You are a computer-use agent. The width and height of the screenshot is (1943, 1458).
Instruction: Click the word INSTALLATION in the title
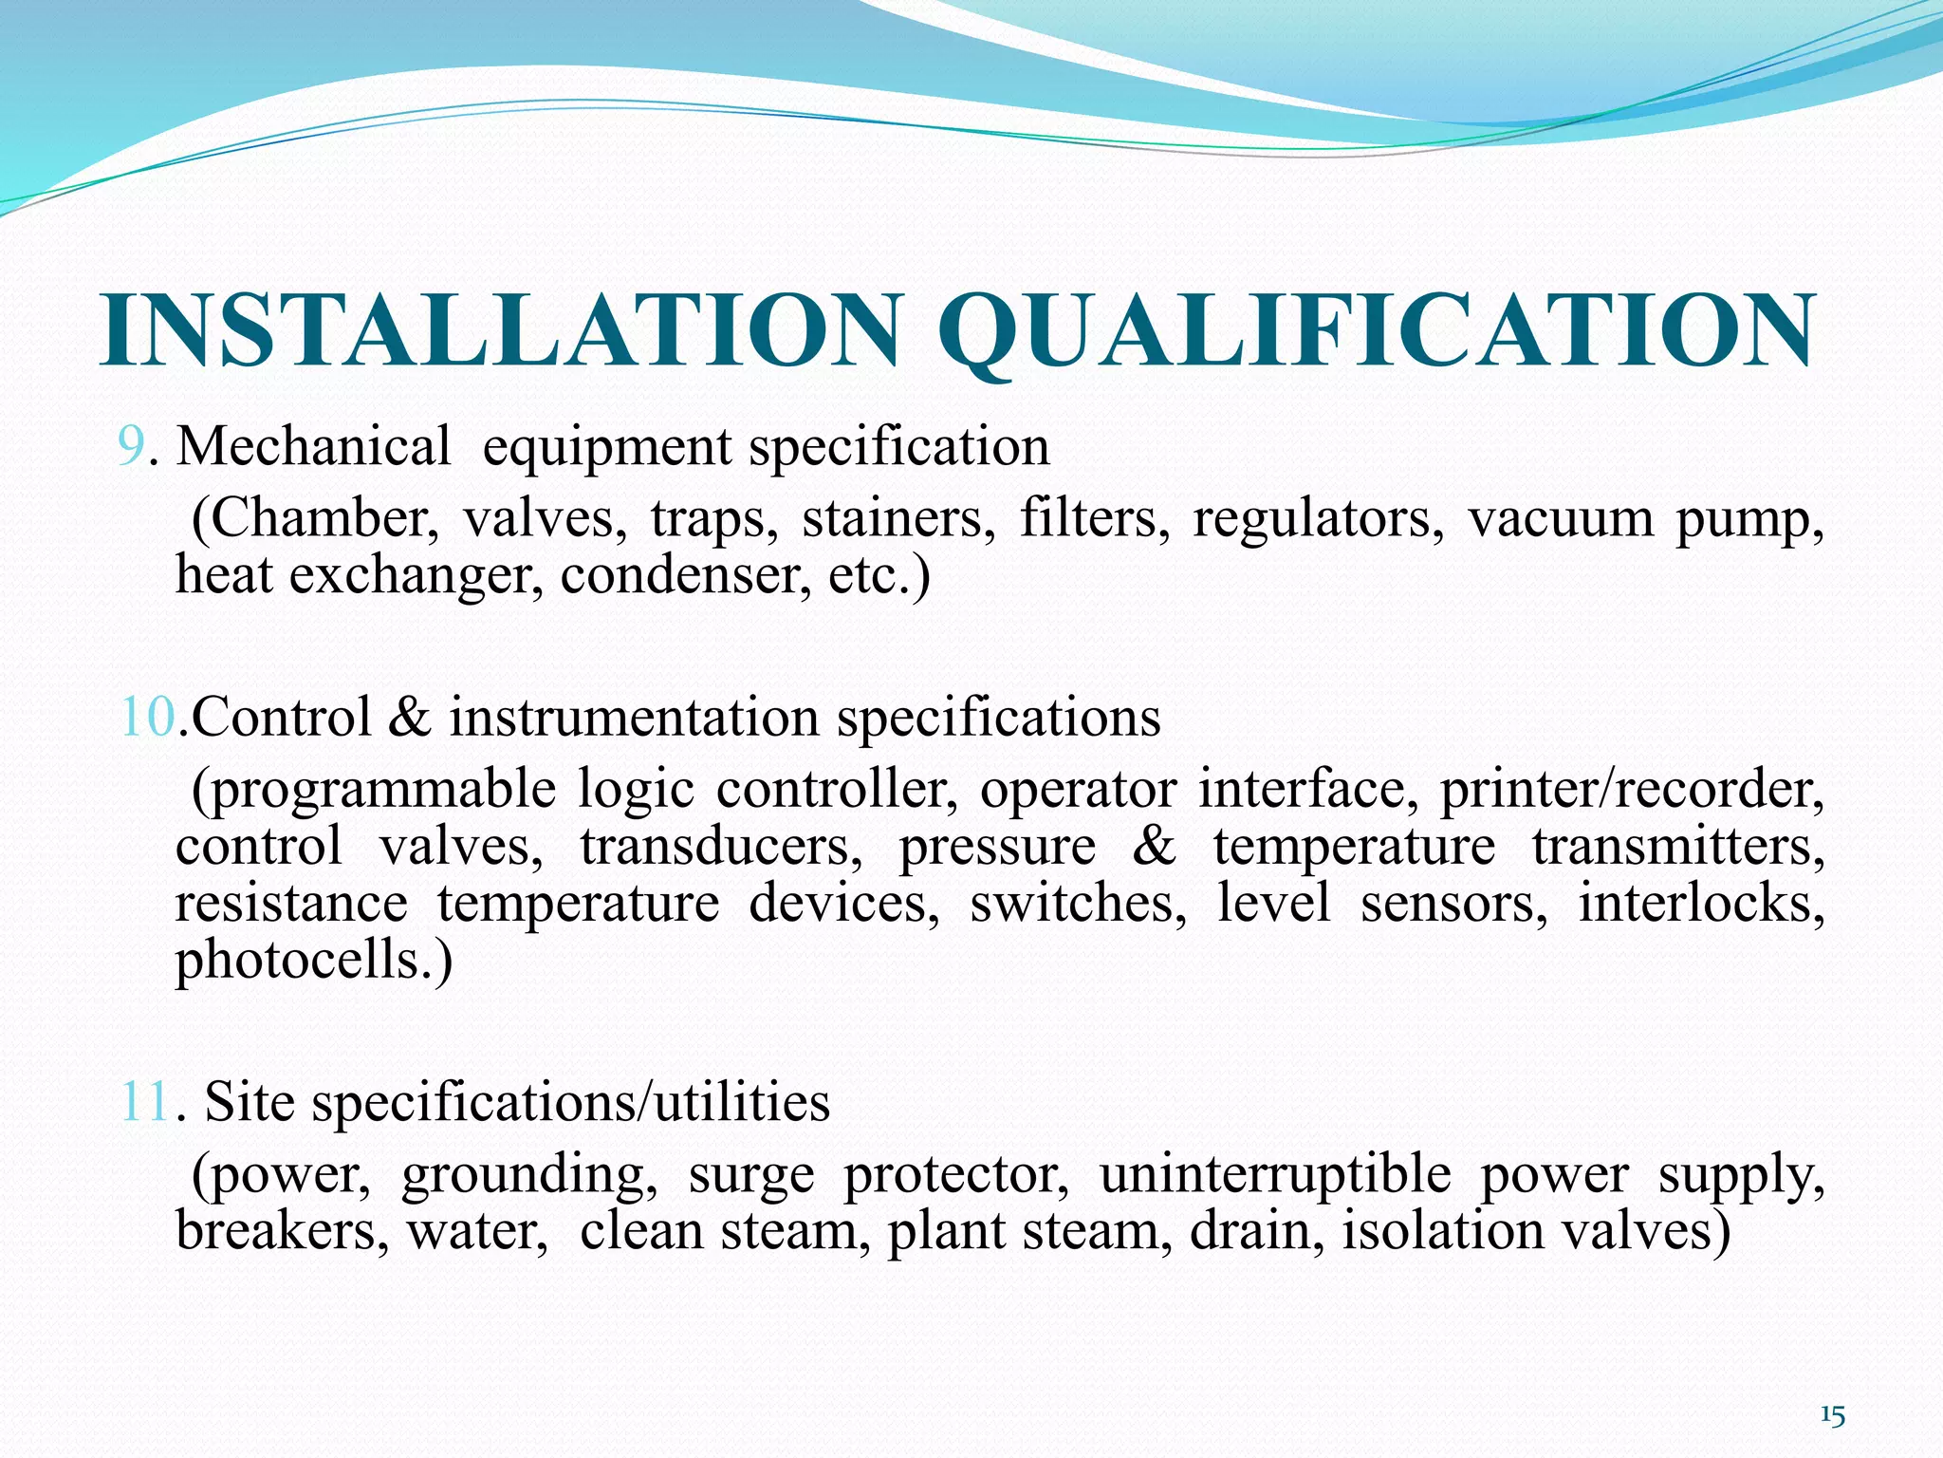pos(501,330)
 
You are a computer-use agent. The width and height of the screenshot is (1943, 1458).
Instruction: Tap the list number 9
pos(131,446)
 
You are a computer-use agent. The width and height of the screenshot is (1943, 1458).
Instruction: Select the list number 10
pos(147,717)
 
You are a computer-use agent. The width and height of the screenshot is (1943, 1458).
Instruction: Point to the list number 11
pos(144,1102)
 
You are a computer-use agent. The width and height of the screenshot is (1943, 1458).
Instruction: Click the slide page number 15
pos(1832,1416)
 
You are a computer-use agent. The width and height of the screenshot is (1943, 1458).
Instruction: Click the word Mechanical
pos(314,446)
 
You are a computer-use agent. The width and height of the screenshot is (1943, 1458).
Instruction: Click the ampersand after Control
pos(409,717)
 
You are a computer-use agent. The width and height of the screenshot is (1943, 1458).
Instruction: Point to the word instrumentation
pos(634,717)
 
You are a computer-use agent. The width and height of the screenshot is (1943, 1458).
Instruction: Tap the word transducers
pos(721,846)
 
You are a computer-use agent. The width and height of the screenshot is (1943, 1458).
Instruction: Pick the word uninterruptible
pos(1275,1175)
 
